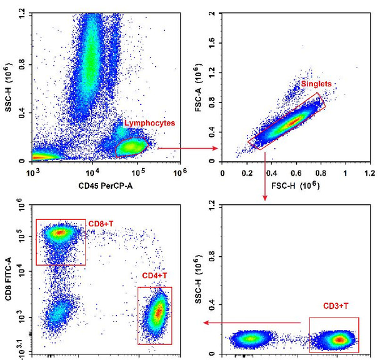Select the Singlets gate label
316,84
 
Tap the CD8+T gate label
104,224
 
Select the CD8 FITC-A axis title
8,276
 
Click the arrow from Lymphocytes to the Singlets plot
187,148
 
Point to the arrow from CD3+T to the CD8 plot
256,322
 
